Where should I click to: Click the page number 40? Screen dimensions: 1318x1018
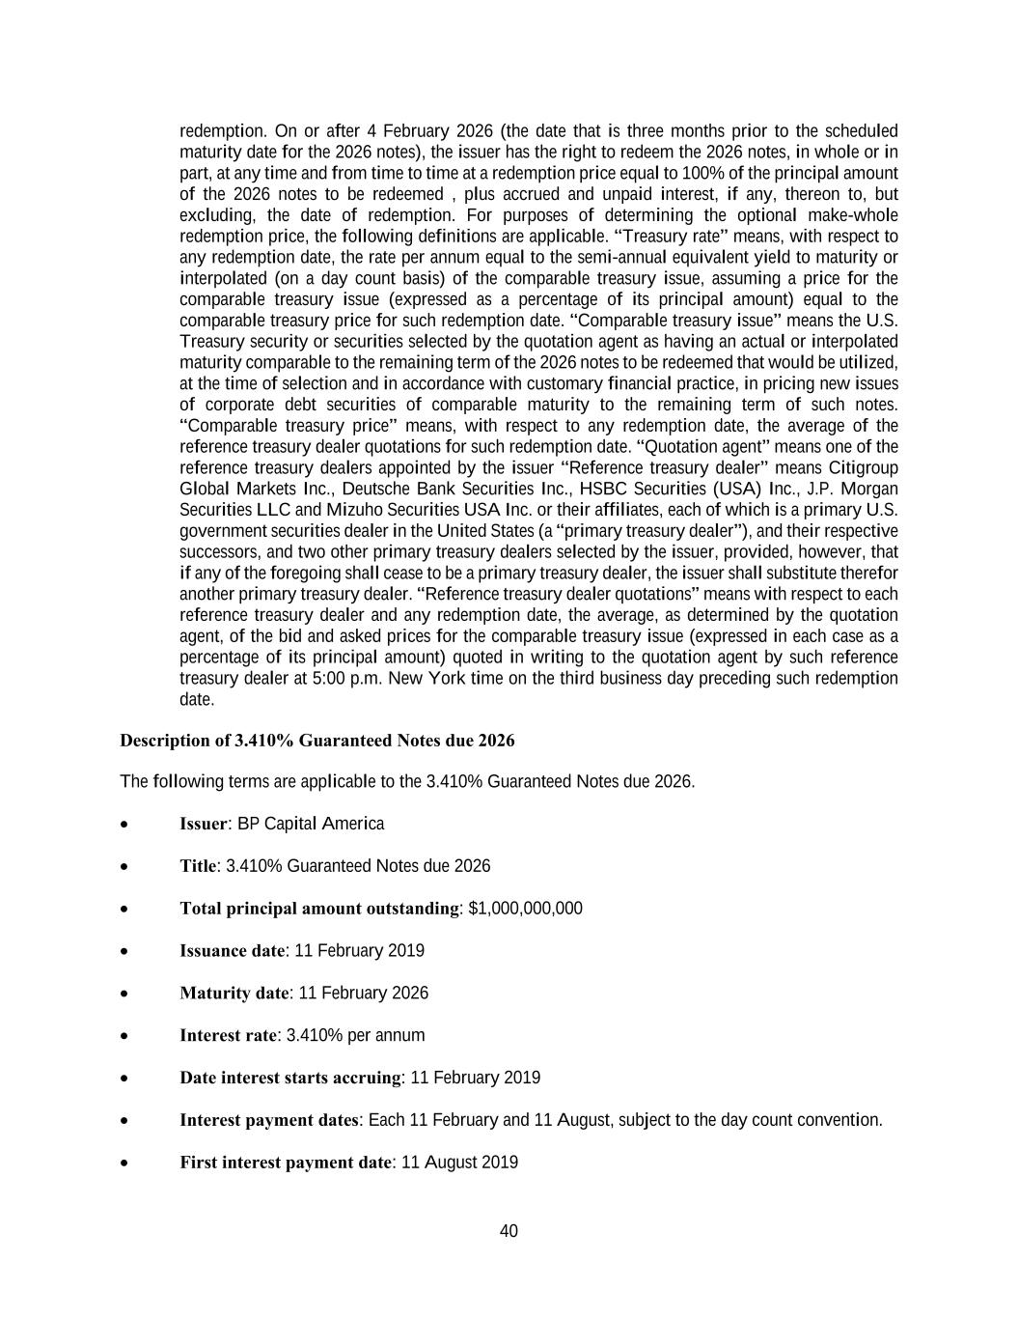click(x=509, y=1230)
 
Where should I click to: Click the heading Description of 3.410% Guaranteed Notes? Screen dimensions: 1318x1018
click(x=316, y=741)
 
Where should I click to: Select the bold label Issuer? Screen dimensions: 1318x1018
click(x=204, y=824)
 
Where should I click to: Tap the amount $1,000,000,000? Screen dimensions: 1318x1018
click(x=525, y=909)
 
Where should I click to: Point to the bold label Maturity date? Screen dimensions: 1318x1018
click(x=234, y=993)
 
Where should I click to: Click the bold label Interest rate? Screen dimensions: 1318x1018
click(x=229, y=1035)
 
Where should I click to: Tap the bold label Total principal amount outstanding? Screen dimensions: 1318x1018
click(x=319, y=909)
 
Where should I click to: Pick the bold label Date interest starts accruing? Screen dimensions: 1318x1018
click(x=290, y=1078)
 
